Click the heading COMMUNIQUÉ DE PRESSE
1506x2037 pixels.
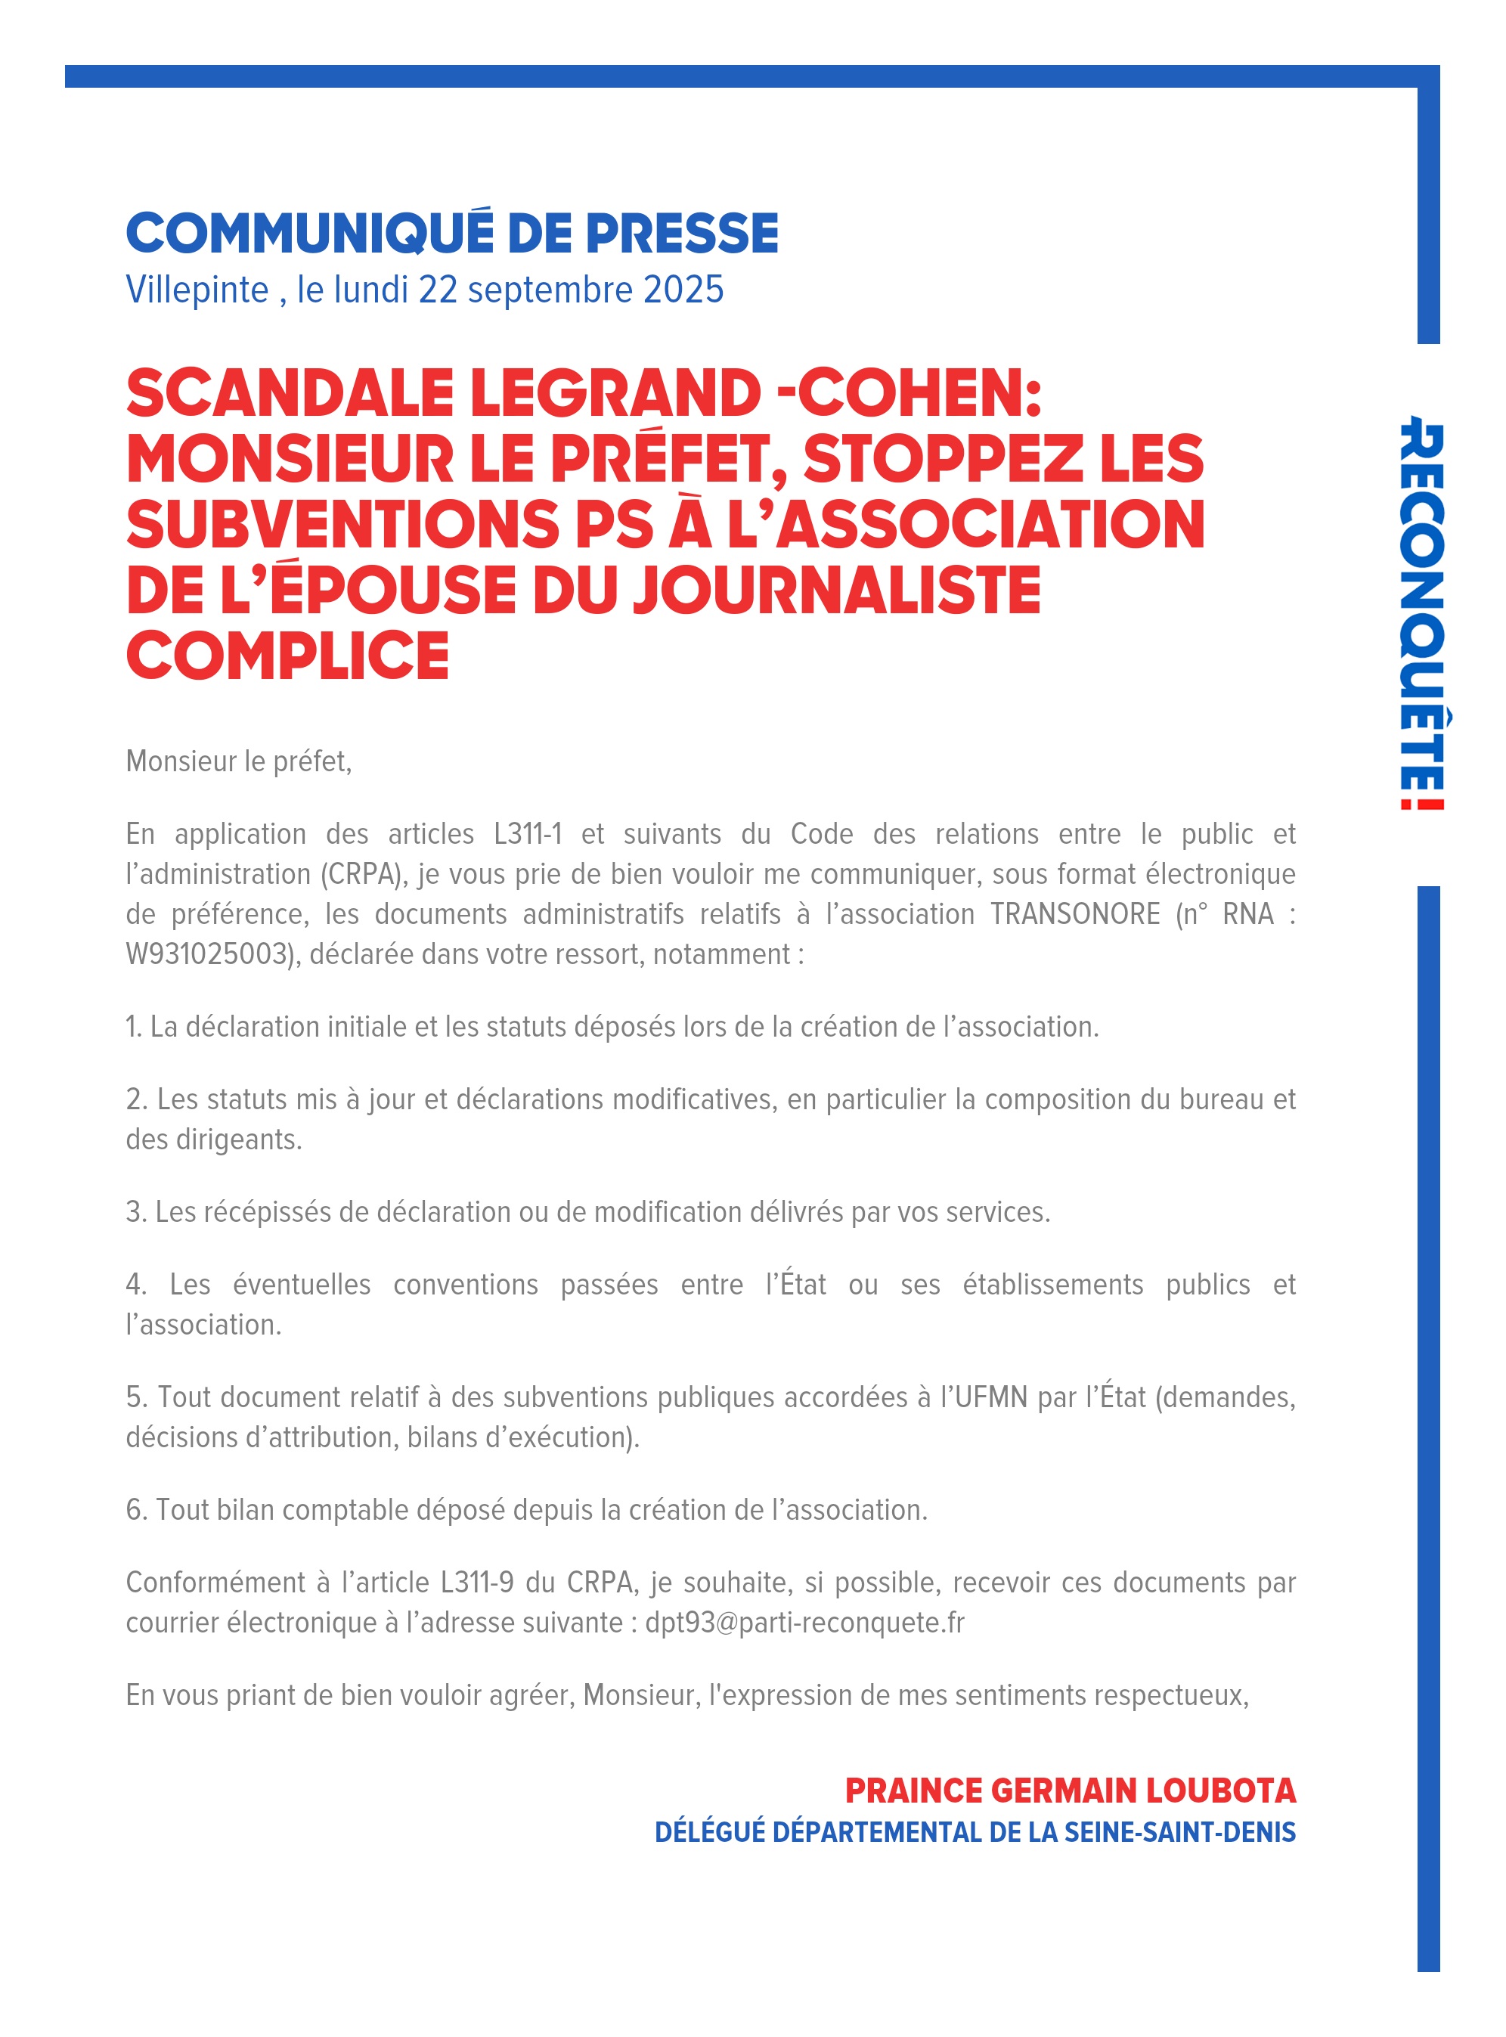452,234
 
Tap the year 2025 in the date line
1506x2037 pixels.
683,290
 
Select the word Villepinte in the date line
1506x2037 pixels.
197,290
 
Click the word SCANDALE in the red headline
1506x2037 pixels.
290,394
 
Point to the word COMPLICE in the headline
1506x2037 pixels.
287,656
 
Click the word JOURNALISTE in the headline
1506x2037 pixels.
837,590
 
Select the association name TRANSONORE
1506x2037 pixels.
1075,913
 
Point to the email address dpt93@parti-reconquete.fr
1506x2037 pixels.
804,1622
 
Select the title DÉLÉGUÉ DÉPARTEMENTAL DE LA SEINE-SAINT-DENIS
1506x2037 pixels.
975,1833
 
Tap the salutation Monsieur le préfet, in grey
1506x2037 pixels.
239,761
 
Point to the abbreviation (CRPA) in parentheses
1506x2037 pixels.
362,873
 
